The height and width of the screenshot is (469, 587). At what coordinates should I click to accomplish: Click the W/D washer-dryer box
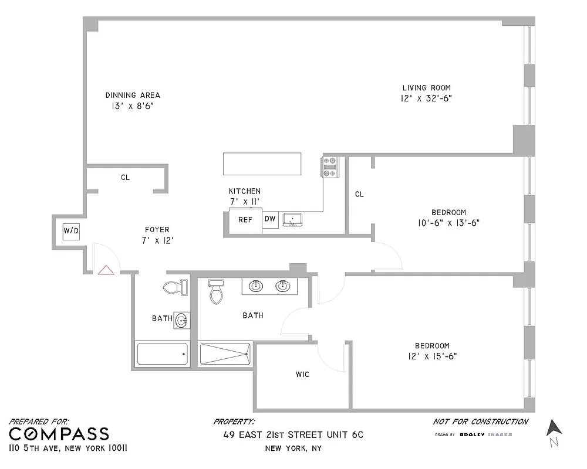[70, 231]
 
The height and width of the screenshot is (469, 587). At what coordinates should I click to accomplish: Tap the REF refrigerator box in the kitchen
[245, 220]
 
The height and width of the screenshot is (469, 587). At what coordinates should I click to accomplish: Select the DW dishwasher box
[270, 219]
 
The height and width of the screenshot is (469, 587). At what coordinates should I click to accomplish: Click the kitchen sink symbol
[292, 220]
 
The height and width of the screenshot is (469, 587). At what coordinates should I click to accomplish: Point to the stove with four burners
[329, 166]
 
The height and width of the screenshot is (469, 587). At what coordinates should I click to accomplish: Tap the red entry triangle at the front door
[106, 270]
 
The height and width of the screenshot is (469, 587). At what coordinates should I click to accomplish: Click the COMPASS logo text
[59, 434]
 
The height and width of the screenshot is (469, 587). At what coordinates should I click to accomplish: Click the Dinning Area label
[133, 95]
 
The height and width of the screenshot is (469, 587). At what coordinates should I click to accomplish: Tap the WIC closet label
[302, 374]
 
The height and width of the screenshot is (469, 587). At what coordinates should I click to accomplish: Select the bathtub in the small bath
[163, 354]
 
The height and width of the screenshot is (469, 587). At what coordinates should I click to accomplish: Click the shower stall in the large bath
[226, 354]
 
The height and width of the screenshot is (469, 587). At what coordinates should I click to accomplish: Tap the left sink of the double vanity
[256, 286]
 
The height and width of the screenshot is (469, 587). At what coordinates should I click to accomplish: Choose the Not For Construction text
[480, 422]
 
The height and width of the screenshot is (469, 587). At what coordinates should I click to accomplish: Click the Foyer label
[157, 230]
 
